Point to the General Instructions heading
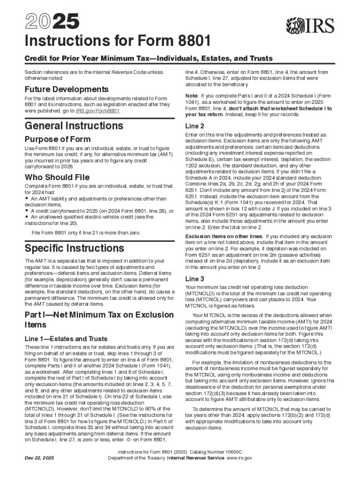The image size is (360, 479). coord(74,126)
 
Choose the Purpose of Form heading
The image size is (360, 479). coord(58,139)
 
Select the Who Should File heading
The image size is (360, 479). coord(57,178)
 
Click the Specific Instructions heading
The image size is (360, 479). coord(74,248)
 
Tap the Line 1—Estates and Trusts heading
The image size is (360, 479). coord(66,339)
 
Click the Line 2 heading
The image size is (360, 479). coord(194,126)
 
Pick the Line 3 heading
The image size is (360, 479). coord(194,279)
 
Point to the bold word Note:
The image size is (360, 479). coord(193,95)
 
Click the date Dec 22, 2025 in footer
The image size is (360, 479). coord(40,458)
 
